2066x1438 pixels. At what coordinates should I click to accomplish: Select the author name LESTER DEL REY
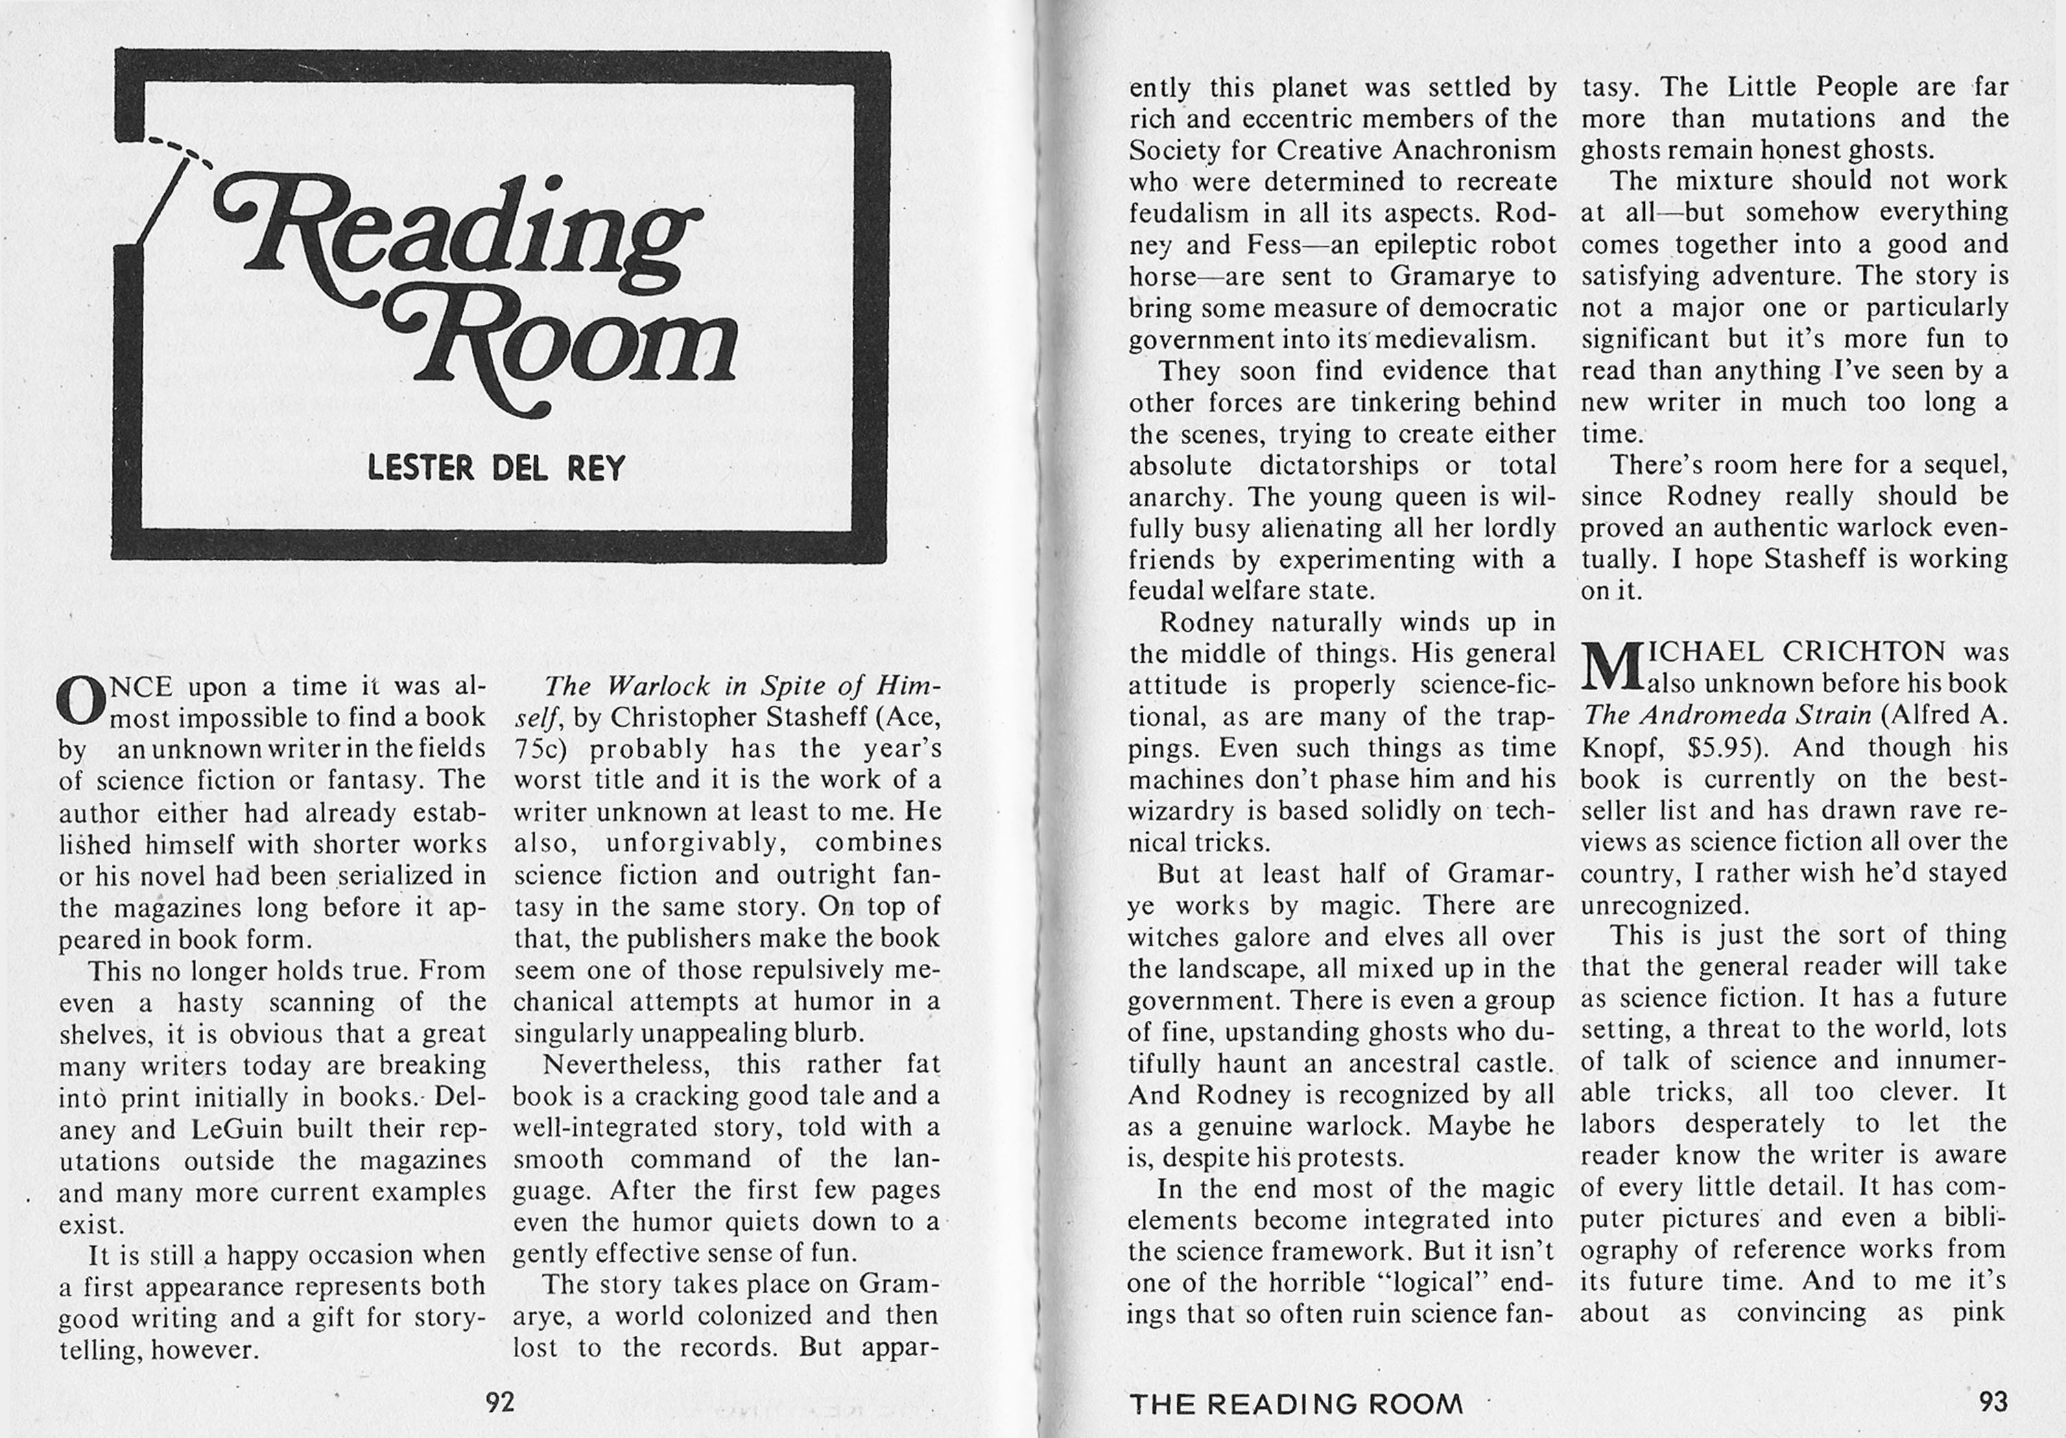pyautogui.click(x=496, y=468)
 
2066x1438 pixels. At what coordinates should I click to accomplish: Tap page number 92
pyautogui.click(x=499, y=1401)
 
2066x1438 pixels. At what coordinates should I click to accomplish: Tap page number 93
pyautogui.click(x=1993, y=1401)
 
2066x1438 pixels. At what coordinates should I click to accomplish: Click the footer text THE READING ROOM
pyautogui.click(x=1296, y=1404)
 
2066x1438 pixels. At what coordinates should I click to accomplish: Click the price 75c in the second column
pyautogui.click(x=538, y=749)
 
